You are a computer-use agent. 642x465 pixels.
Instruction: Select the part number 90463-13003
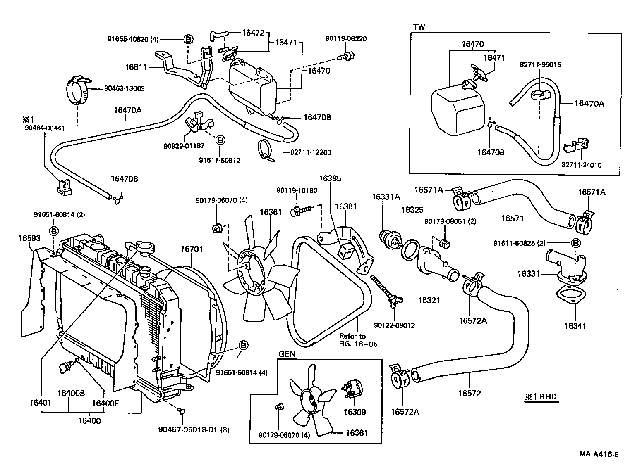pyautogui.click(x=124, y=88)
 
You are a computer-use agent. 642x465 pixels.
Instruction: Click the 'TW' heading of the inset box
pyautogui.click(x=419, y=27)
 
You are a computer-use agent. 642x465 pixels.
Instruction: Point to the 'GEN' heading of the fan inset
pyautogui.click(x=287, y=354)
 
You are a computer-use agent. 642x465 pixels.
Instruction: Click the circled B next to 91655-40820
pyautogui.click(x=187, y=40)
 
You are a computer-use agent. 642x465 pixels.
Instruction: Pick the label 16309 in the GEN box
pyautogui.click(x=355, y=412)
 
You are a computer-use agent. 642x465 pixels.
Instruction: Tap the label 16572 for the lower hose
pyautogui.click(x=470, y=394)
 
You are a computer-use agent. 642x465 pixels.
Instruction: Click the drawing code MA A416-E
pyautogui.click(x=599, y=454)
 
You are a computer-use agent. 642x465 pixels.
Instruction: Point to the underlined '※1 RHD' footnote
pyautogui.click(x=541, y=397)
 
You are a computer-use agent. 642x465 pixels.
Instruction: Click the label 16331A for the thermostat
pyautogui.click(x=386, y=197)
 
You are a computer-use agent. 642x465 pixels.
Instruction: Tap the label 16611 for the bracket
pyautogui.click(x=137, y=66)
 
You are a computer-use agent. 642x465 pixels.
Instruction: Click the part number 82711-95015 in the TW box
pyautogui.click(x=540, y=65)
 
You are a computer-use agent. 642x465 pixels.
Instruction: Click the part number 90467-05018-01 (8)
pyautogui.click(x=194, y=429)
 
